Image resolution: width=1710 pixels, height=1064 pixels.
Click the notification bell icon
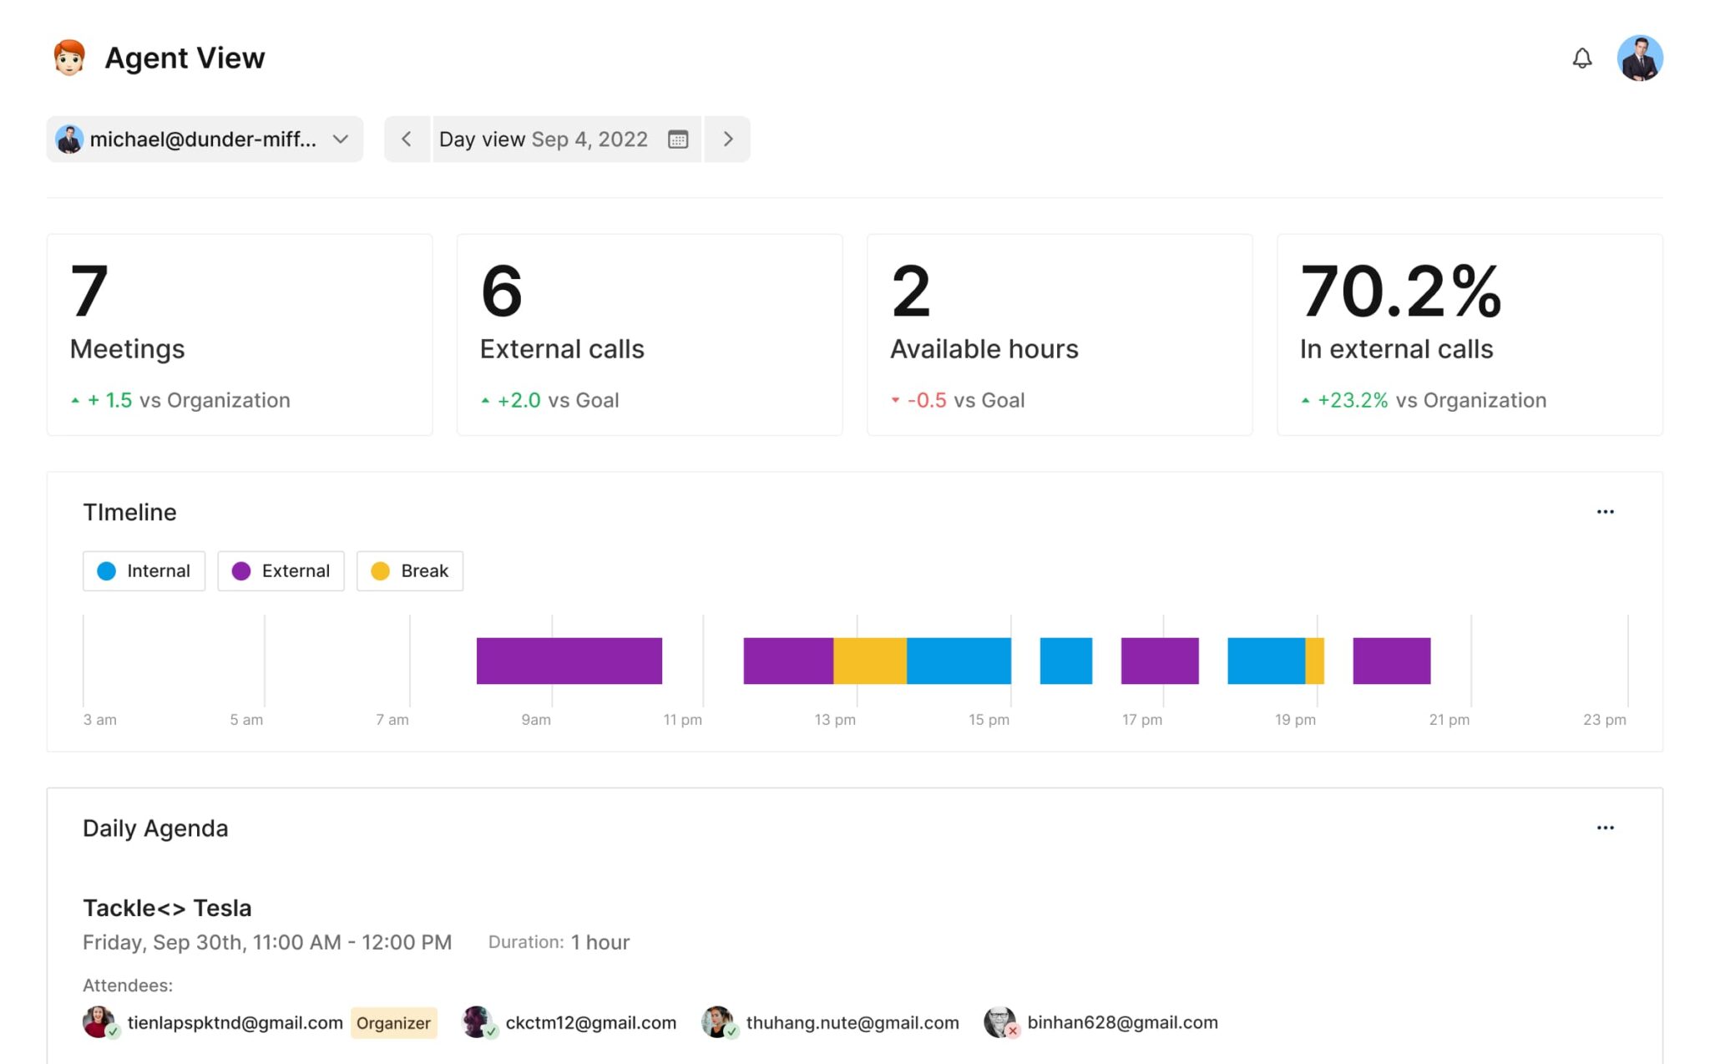[1581, 58]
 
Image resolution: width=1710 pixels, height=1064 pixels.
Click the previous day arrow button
[407, 139]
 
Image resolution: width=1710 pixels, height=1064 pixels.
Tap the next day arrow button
[727, 139]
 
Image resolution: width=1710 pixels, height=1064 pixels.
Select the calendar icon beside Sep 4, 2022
[678, 139]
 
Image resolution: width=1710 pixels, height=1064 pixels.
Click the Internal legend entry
[144, 571]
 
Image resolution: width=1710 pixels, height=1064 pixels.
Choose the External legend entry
[281, 571]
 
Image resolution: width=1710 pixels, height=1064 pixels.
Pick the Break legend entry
[410, 571]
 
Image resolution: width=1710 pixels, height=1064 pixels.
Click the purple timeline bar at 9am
[569, 661]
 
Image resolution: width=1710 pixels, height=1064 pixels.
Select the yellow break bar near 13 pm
[869, 661]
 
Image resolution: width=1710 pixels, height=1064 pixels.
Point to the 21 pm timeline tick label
[1449, 720]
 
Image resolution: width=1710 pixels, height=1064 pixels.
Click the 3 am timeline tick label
[99, 720]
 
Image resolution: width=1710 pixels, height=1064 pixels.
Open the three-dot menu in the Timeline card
[1605, 512]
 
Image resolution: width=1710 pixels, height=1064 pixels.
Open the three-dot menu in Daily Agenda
[1605, 828]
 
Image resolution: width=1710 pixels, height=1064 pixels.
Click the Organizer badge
[393, 1023]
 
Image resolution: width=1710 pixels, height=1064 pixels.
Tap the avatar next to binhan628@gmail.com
[999, 1022]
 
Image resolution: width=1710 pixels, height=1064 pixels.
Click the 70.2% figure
[1400, 291]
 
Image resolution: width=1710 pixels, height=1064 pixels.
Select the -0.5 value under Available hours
[927, 401]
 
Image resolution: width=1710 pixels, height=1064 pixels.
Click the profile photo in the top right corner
[1639, 58]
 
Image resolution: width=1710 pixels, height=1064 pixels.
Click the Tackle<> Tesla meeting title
[167, 908]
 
